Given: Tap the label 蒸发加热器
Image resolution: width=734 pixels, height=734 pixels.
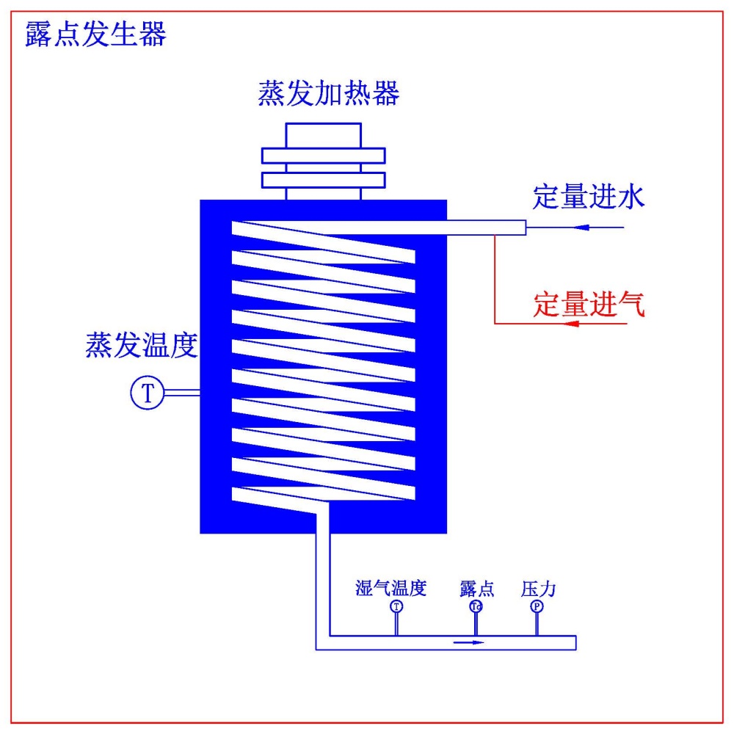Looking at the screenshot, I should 329,94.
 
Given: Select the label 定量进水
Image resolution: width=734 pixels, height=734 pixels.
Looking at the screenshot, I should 589,197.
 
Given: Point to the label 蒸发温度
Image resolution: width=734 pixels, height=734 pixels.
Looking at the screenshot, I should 142,345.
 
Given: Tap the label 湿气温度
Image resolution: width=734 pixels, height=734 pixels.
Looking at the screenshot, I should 390,588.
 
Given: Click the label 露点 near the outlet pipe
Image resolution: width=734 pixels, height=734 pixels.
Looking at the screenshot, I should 477,588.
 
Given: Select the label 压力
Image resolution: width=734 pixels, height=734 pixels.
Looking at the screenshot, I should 539,588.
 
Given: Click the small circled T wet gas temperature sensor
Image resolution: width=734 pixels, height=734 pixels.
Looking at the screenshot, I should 396,606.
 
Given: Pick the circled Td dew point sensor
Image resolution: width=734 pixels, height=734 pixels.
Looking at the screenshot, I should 476,606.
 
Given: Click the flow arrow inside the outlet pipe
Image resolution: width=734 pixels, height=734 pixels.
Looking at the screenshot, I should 470,642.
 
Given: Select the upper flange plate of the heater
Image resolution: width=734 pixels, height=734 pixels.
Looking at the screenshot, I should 324,156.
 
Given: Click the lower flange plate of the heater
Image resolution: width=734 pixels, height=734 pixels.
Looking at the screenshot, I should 324,180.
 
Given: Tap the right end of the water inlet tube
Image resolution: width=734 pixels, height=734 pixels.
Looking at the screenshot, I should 523,228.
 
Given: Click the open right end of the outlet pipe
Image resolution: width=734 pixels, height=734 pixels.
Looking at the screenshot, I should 575,642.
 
